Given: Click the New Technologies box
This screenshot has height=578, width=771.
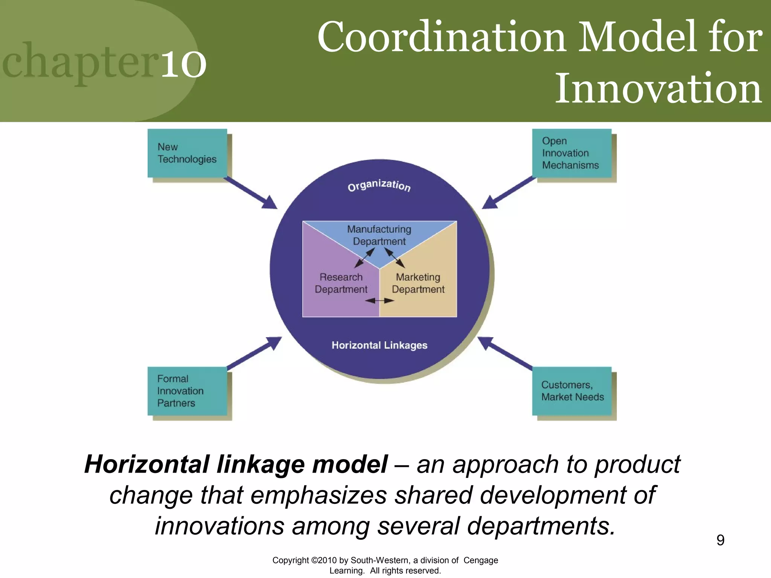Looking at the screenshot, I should click(x=187, y=153).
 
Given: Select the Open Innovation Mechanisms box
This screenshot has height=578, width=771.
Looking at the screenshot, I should click(x=571, y=153).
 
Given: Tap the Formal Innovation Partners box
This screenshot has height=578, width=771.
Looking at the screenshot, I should click(x=187, y=391).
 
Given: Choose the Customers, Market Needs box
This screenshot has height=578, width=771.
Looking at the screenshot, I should click(x=571, y=391).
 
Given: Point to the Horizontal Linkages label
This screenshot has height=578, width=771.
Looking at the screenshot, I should click(x=379, y=345).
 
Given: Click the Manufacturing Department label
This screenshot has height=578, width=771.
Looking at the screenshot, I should click(x=379, y=235).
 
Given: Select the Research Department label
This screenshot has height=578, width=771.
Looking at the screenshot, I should click(x=341, y=283).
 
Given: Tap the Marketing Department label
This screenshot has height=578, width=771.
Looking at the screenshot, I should click(x=418, y=283).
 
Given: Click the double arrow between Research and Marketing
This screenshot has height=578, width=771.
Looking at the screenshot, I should click(x=379, y=300).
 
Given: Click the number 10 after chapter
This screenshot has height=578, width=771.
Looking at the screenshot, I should click(x=184, y=64).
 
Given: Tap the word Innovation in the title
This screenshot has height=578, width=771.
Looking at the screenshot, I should click(x=658, y=88).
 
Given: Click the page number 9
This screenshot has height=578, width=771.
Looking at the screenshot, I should click(x=720, y=540).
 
